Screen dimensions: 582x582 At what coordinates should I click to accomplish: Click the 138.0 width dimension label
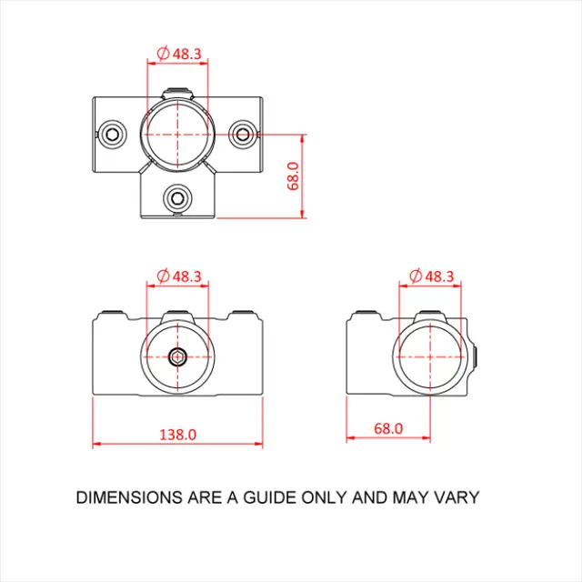pyautogui.click(x=177, y=434)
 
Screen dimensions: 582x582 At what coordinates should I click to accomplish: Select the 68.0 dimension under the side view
pyautogui.click(x=387, y=427)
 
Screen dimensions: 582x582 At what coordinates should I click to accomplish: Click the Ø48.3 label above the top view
pyautogui.click(x=179, y=55)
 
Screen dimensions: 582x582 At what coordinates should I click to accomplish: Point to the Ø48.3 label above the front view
pyautogui.click(x=179, y=276)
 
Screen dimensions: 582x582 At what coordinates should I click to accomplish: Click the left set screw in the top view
pyautogui.click(x=113, y=135)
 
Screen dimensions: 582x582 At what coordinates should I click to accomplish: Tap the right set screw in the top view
pyautogui.click(x=242, y=135)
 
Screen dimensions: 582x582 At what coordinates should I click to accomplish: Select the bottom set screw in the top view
pyautogui.click(x=177, y=196)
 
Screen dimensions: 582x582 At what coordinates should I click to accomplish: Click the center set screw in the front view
pyautogui.click(x=177, y=356)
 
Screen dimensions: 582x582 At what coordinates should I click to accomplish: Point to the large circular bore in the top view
pyautogui.click(x=177, y=133)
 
